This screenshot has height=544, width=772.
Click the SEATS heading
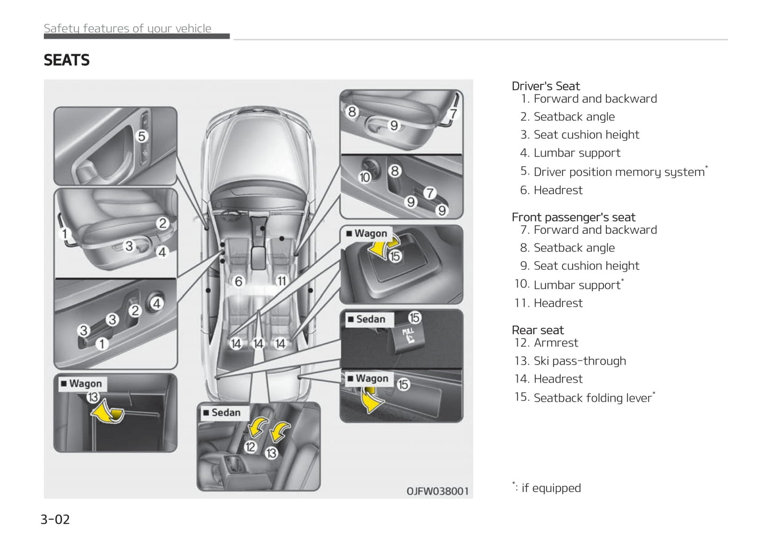tap(67, 60)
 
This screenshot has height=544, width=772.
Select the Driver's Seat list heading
tap(545, 86)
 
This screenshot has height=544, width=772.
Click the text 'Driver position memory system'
tap(619, 172)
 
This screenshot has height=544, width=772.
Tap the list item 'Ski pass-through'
tap(579, 361)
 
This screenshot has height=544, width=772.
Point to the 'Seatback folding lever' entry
tap(592, 398)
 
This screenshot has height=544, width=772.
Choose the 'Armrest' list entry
tap(556, 343)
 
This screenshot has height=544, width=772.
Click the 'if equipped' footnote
tap(550, 488)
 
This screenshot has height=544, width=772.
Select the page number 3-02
tap(55, 519)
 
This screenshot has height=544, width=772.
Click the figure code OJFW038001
tap(437, 491)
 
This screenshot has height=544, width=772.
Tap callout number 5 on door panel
tap(142, 136)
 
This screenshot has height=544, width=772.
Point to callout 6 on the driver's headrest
tap(239, 281)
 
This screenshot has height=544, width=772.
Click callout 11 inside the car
tap(282, 281)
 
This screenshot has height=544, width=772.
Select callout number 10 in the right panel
tap(365, 177)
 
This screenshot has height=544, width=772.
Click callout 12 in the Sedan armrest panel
tap(251, 447)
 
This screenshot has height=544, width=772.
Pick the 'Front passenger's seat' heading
tap(573, 217)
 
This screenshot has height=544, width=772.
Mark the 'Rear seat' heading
tap(537, 330)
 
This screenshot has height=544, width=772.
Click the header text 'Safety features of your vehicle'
tap(127, 29)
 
